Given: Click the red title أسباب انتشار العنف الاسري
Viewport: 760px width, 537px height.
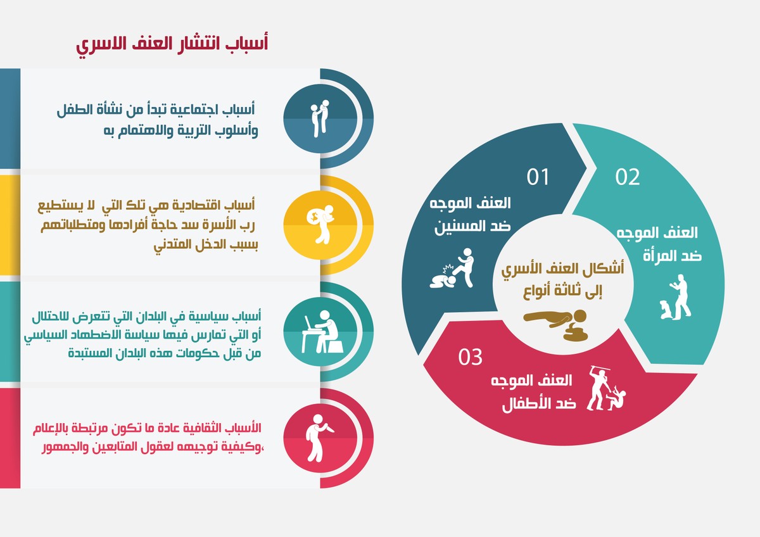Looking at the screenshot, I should coord(172,45).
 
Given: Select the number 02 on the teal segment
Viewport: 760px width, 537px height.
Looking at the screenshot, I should coord(628,177).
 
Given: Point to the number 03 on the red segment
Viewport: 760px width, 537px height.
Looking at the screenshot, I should coord(471,357).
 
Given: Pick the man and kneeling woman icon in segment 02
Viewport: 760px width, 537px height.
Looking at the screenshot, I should coord(675,297).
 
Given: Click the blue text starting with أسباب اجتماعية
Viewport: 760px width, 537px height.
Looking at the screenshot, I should coord(156,118).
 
